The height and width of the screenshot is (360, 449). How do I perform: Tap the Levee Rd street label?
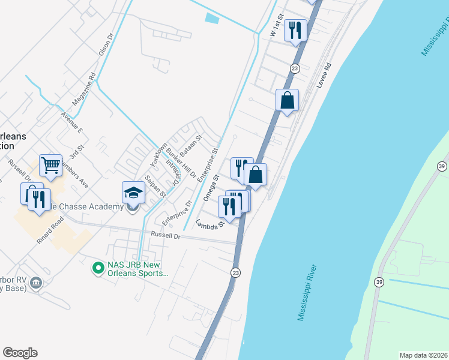[324, 74]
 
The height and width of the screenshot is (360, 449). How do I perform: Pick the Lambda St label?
[209, 223]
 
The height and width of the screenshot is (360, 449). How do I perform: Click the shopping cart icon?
[50, 165]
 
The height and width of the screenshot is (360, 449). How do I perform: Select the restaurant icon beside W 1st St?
[295, 29]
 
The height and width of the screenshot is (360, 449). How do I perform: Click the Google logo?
[20, 353]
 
